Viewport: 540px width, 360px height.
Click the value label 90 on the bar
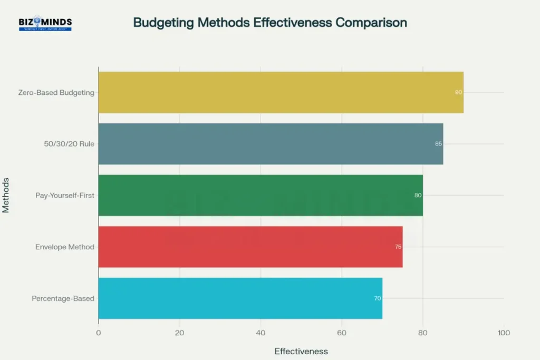458,92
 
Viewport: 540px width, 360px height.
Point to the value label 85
438,143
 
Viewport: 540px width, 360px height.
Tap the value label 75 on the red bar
398,247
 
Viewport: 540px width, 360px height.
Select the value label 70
378,298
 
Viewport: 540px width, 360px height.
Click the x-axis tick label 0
99,333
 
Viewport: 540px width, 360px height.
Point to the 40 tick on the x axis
261,333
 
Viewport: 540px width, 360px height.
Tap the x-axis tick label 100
504,333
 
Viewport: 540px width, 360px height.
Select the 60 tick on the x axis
342,333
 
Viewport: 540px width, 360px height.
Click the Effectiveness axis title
301,351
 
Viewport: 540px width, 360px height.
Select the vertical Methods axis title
6,195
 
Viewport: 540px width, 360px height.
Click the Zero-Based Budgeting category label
56,92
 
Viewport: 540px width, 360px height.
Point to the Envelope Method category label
65,247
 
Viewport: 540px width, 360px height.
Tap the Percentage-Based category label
63,298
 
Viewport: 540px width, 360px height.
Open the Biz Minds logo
45,23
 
